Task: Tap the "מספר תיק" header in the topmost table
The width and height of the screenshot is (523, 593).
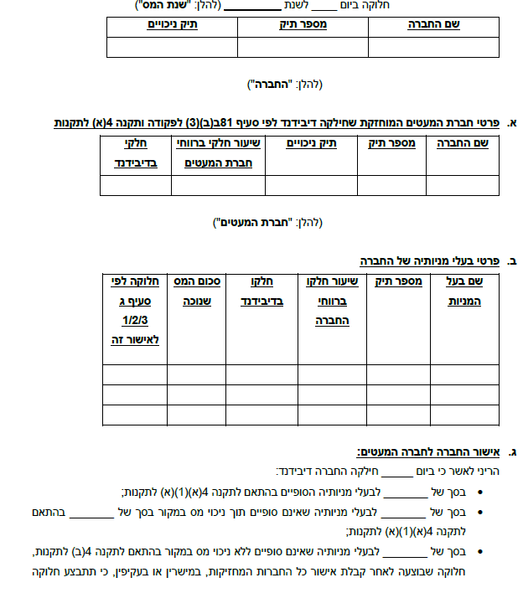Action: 303,25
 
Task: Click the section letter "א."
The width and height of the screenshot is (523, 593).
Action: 511,123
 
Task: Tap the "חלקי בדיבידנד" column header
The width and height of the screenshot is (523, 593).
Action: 135,153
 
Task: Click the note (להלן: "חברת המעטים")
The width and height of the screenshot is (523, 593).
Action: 269,223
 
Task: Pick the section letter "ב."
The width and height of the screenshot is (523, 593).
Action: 511,261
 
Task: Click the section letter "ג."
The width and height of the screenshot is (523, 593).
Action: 512,453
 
